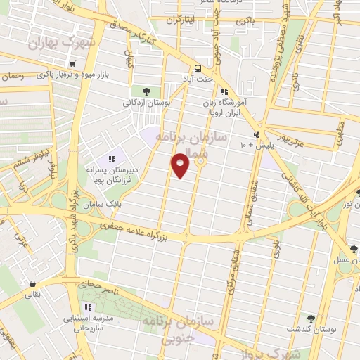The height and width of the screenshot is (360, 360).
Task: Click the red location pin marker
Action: [181, 165]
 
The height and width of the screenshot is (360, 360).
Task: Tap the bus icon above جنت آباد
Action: [199, 69]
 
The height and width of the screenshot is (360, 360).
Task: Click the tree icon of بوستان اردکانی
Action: [146, 91]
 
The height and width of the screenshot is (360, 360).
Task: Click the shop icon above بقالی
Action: [32, 284]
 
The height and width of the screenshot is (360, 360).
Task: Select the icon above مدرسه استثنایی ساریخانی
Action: [88, 307]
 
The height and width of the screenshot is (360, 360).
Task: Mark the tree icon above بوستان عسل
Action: [354, 249]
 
